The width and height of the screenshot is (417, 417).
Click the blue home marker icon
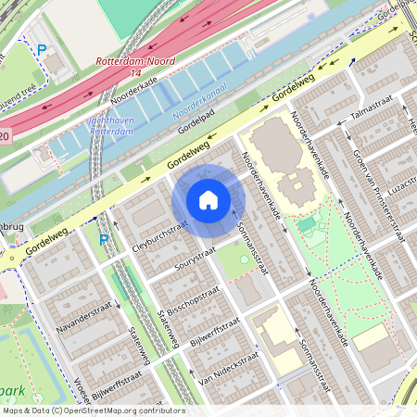pos(208,200)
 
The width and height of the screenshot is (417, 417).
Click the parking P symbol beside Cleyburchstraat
pos(104,240)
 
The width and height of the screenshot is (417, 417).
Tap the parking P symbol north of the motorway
pos(41,49)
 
